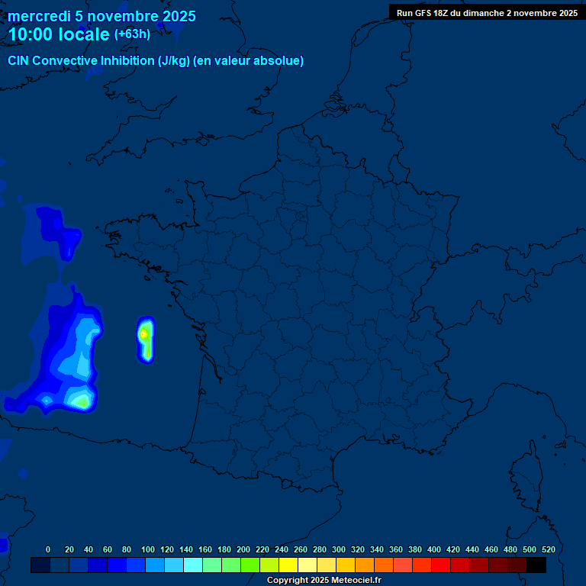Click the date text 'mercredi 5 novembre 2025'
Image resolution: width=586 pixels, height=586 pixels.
(x=101, y=16)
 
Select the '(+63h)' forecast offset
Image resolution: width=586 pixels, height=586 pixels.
(x=132, y=34)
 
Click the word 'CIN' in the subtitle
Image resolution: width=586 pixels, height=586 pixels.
(x=18, y=61)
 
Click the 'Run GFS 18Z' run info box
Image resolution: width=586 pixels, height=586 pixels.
(x=487, y=12)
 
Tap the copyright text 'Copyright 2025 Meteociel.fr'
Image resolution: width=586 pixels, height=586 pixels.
(x=324, y=581)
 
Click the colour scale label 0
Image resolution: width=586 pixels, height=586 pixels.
(x=48, y=549)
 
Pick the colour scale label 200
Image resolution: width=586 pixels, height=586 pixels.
(x=243, y=549)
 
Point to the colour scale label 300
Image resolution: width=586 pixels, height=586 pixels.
(x=338, y=549)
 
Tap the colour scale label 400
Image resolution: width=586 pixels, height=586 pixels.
(x=433, y=549)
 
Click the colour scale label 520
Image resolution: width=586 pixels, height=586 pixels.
(x=548, y=549)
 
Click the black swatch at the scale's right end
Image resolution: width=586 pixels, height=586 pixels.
(x=536, y=565)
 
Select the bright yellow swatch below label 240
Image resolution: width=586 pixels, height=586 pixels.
(x=288, y=565)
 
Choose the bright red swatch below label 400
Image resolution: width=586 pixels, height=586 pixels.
(x=441, y=565)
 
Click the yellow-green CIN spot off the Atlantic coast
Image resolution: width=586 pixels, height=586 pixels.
(x=143, y=333)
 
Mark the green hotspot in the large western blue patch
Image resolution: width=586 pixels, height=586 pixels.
(x=80, y=399)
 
